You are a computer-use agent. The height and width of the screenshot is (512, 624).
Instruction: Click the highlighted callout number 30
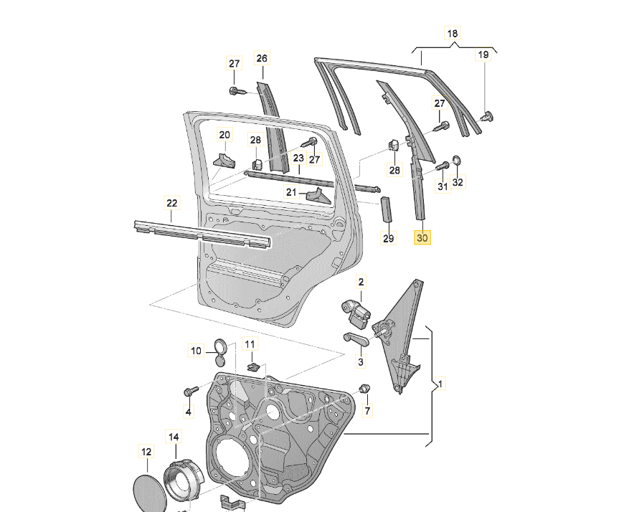[x=422, y=237]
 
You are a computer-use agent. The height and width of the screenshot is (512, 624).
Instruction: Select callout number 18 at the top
[x=452, y=34]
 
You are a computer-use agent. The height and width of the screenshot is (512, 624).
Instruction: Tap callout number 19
[x=483, y=54]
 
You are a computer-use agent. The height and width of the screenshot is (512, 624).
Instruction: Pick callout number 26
[x=261, y=58]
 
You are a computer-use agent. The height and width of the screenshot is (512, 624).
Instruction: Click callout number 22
[x=171, y=203]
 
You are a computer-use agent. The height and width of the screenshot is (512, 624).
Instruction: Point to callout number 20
[x=224, y=135]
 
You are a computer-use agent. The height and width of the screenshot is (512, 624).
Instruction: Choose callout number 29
[x=388, y=238]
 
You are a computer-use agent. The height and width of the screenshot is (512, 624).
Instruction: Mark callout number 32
[x=458, y=183]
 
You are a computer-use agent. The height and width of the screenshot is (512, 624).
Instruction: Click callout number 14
[x=174, y=436]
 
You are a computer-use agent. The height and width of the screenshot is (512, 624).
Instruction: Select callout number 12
[x=146, y=452]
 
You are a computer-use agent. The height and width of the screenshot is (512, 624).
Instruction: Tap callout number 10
[x=197, y=351]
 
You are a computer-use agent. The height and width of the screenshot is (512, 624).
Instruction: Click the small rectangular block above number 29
[x=386, y=210]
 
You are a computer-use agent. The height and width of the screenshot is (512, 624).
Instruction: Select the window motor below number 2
[x=356, y=310]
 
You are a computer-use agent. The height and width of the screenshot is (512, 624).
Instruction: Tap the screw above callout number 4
[x=191, y=392]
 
